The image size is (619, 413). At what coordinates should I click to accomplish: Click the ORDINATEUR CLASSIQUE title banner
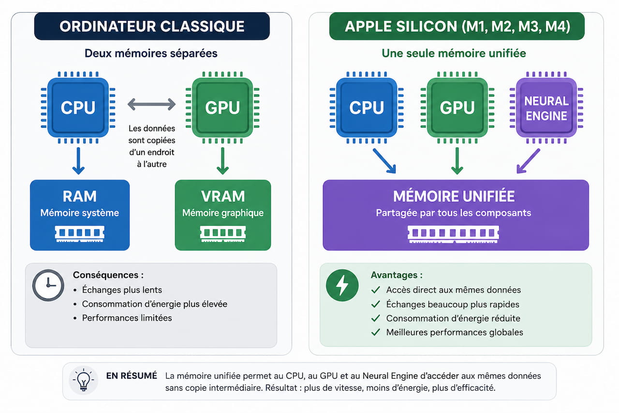(x=152, y=26)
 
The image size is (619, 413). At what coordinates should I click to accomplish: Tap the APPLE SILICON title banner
(x=457, y=26)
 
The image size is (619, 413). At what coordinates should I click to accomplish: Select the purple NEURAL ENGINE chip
(x=546, y=107)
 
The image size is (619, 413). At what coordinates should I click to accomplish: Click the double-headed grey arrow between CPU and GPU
(x=151, y=105)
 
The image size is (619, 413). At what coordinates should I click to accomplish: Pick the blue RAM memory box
(x=80, y=215)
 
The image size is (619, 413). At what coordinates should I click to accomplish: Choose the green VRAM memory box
(x=223, y=215)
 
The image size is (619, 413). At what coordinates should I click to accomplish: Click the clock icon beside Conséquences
(x=48, y=285)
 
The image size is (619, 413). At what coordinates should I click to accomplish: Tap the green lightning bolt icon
(x=342, y=285)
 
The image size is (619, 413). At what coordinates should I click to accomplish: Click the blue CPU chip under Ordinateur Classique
(x=78, y=107)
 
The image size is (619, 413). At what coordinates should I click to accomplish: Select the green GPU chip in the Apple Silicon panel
(x=457, y=107)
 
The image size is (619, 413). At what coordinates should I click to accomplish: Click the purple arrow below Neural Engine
(x=528, y=161)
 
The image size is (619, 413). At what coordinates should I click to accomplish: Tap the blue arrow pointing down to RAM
(x=78, y=161)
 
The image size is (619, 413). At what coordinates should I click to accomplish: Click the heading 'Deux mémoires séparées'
(x=151, y=53)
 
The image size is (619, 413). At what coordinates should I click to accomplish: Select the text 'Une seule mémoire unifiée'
(x=454, y=53)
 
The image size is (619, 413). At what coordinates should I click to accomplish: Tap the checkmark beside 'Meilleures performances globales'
(x=376, y=332)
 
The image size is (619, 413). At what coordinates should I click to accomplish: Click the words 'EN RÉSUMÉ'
(x=132, y=376)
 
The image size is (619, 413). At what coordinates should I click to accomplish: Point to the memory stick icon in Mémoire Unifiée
(x=453, y=234)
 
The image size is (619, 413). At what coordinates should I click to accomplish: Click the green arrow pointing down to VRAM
(x=222, y=161)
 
